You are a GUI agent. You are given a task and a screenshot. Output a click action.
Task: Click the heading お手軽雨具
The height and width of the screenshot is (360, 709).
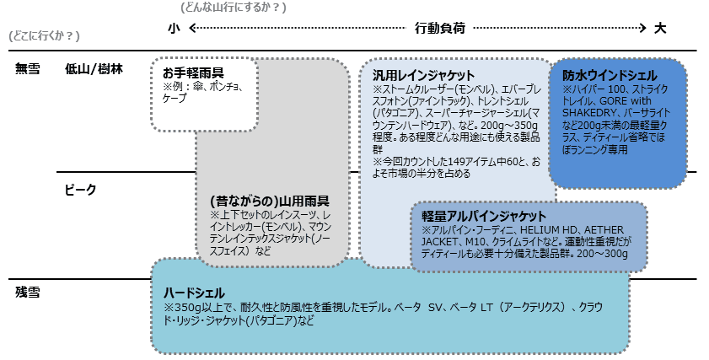coord(193,73)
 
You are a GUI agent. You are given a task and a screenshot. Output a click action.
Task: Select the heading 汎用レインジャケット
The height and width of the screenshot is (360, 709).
coord(423,75)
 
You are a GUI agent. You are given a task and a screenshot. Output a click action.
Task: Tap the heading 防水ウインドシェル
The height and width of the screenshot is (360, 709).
coord(610,75)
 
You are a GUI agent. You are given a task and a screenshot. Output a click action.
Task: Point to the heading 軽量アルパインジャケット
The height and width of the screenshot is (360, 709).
coord(484,216)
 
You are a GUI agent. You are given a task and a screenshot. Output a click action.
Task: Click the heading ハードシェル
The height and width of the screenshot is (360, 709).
coord(194,293)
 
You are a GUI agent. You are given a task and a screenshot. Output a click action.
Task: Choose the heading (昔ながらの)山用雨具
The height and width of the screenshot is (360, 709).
coord(270,201)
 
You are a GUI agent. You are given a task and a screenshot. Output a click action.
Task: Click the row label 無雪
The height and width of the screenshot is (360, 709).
coord(28,69)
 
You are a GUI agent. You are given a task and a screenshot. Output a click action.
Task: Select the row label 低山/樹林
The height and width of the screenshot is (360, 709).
coord(94,69)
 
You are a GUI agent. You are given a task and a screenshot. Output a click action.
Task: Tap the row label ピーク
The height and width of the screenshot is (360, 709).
coord(80,190)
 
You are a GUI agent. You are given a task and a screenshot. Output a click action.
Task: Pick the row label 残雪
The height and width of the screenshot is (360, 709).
coord(28,293)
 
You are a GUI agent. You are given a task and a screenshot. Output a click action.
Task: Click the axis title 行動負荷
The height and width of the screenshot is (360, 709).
coord(440,28)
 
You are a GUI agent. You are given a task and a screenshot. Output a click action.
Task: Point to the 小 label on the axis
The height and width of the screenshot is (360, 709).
coord(174,28)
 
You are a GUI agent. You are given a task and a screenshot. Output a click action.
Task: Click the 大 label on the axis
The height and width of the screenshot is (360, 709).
coord(660,28)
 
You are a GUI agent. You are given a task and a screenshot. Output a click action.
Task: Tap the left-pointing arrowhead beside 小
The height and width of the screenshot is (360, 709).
coord(191,28)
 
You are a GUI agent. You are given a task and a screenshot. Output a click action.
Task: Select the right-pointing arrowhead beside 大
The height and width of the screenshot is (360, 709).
coord(643,28)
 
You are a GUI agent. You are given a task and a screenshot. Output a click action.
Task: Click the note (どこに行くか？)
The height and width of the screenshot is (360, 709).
coord(44,35)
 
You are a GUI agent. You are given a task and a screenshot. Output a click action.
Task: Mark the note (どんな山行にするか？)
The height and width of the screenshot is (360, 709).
coord(234,8)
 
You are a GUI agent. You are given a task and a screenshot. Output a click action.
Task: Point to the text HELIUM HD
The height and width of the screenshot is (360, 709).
coord(544,230)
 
